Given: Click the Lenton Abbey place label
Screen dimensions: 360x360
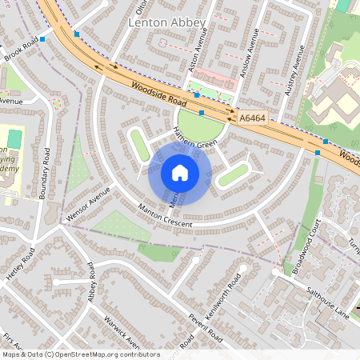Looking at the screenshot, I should [167, 23].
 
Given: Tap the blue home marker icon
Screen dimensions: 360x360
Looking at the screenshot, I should [180, 173].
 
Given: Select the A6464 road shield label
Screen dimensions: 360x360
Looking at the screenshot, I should [252, 118].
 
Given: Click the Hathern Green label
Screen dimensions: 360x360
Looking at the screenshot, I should [195, 143].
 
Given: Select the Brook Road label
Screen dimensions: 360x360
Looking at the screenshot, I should [20, 50].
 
